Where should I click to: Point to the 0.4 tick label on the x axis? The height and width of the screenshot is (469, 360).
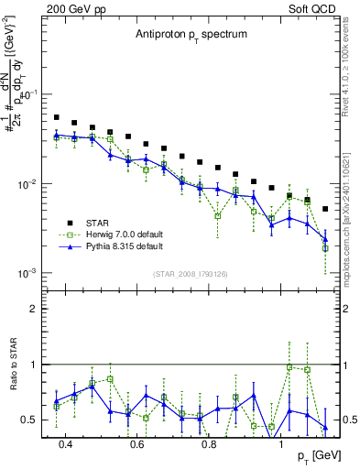65,443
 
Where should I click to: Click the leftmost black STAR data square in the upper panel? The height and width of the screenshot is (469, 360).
57,117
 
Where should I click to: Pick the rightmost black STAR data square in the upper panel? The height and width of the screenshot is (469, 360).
325,209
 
